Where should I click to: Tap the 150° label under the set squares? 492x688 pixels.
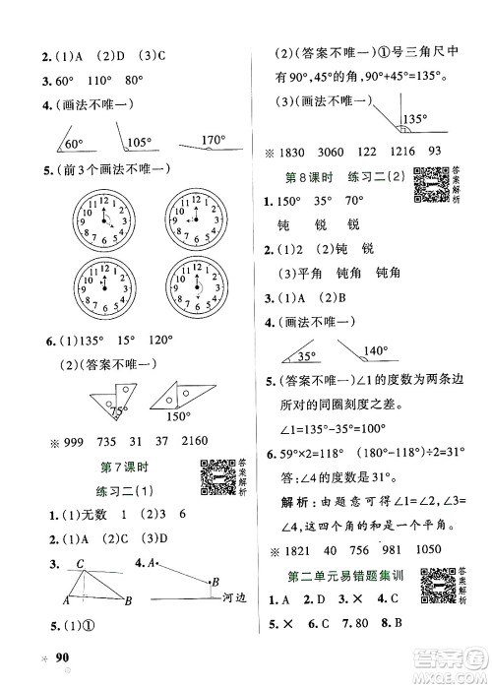click(177, 415)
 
